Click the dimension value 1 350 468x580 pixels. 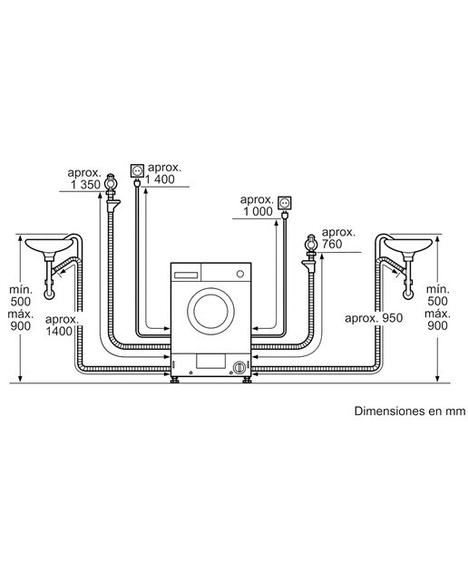tap(85, 185)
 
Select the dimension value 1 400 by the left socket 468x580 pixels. tap(160, 179)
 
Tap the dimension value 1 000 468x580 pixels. tap(258, 211)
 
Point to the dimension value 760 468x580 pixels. tap(332, 244)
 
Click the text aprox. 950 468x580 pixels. tap(374, 318)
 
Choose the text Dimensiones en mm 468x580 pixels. tap(410, 411)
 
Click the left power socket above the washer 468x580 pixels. tap(137, 170)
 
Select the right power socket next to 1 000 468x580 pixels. tap(285, 203)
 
